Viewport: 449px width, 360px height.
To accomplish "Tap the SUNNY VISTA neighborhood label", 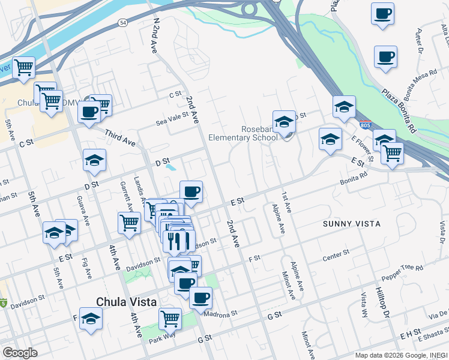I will tap(352, 224).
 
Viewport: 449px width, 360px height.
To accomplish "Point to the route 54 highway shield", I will tap(123, 22).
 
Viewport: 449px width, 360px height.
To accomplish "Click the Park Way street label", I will tap(161, 339).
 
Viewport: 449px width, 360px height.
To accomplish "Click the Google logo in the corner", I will tap(20, 353).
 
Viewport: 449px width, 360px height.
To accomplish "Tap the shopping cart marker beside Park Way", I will tap(170, 318).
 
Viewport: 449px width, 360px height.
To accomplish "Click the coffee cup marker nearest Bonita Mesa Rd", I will tap(385, 57).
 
